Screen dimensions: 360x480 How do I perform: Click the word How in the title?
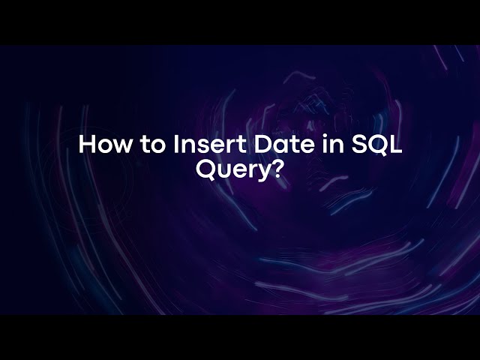pos(104,144)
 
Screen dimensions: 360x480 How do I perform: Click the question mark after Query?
pos(278,169)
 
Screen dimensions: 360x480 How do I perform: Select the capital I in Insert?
pos(175,144)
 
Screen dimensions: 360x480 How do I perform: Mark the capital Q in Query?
pos(206,169)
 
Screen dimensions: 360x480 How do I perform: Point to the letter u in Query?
pos(224,171)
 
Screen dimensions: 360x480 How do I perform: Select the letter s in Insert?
pos(199,145)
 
